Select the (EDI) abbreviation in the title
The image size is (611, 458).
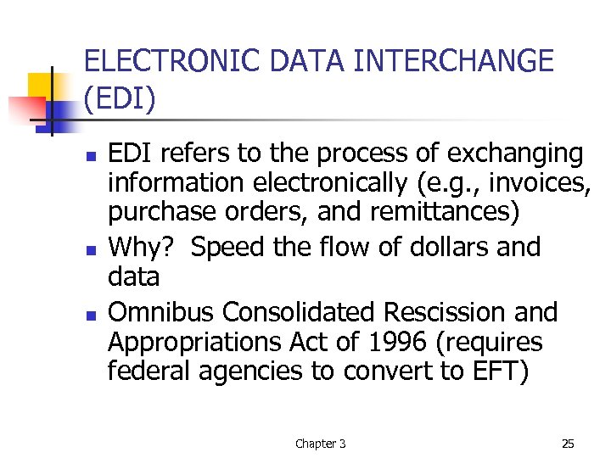(121, 99)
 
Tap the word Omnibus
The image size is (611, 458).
(161, 312)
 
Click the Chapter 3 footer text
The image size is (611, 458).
(320, 444)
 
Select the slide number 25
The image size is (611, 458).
(568, 444)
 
